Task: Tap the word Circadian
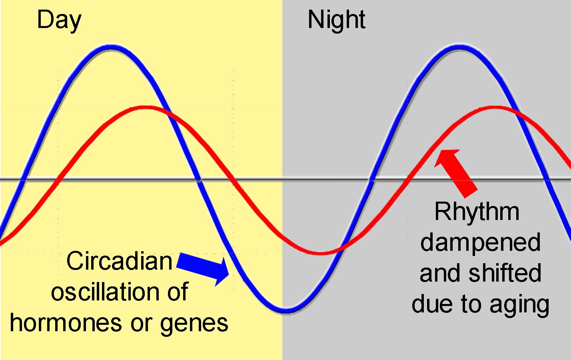pos(119,260)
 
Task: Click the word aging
pos(519,306)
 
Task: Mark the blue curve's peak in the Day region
pos(111,48)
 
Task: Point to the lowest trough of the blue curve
pos(285,310)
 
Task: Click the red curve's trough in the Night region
pos(321,253)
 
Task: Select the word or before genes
pos(141,324)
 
